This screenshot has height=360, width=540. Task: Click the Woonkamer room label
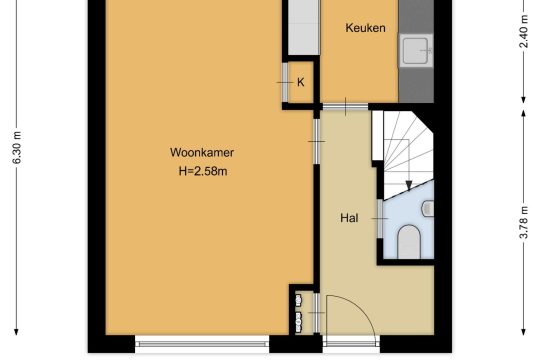tap(202, 152)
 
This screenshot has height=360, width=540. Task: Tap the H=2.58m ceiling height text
tap(203, 171)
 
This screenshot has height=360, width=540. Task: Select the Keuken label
tap(365, 28)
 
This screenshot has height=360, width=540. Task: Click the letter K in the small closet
tap(301, 82)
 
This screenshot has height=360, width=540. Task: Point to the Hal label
tap(349, 218)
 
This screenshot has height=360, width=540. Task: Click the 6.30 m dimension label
tap(17, 147)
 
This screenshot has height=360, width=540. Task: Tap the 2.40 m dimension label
tap(523, 32)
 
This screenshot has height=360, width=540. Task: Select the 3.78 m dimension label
tap(523, 222)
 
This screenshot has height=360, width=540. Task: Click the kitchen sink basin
tap(416, 51)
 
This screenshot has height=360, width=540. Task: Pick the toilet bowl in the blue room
tap(409, 241)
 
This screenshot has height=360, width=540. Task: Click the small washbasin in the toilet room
tap(428, 208)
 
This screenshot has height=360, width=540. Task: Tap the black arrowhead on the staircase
tap(409, 186)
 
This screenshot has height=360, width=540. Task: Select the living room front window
tap(202, 343)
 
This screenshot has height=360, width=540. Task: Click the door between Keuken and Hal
tap(345, 106)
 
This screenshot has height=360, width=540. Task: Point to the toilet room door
tap(380, 218)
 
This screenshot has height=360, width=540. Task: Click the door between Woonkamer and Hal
tap(316, 141)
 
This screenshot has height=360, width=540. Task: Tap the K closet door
tap(285, 82)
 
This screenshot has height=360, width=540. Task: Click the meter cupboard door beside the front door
tap(316, 313)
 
